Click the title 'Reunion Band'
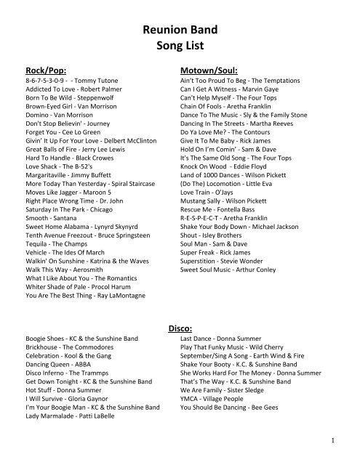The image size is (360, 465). pyautogui.click(x=179, y=28)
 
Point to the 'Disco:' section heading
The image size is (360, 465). pyautogui.click(x=180, y=328)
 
